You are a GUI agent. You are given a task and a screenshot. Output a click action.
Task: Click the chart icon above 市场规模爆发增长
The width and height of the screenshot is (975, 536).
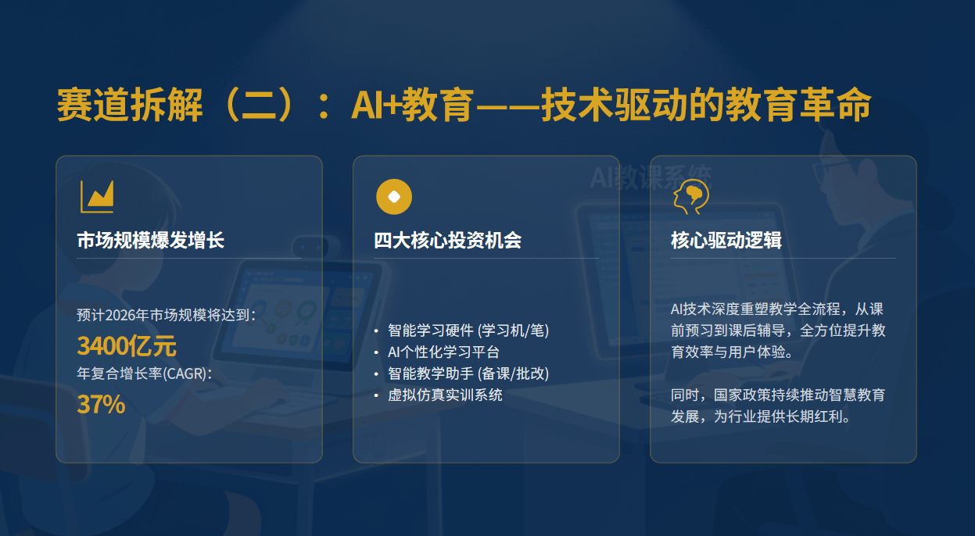(x=97, y=196)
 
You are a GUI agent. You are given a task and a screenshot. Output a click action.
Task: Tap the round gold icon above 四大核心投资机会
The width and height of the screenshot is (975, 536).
(x=394, y=196)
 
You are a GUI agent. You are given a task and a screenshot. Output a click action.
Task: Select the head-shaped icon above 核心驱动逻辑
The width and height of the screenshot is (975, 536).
(x=690, y=196)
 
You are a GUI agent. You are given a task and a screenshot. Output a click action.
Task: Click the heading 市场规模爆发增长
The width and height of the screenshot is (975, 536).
(x=151, y=240)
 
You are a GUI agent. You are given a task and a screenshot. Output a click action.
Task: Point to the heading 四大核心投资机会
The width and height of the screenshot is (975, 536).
(x=447, y=240)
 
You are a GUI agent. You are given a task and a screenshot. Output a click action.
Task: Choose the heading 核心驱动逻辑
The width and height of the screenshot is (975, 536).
(x=726, y=240)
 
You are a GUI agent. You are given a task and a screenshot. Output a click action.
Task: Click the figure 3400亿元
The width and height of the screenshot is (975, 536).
(x=127, y=345)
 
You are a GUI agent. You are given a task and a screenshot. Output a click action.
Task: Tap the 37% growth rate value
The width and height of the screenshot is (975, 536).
(x=101, y=404)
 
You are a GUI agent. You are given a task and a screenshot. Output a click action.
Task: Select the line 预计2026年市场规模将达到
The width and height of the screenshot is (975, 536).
(x=166, y=316)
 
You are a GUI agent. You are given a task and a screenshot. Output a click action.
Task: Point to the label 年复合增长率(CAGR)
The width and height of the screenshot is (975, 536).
(x=145, y=373)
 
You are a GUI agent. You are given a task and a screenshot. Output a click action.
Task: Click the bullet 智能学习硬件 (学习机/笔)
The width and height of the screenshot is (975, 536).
(x=468, y=331)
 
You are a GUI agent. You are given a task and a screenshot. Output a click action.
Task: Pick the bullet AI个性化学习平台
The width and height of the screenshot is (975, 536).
(x=443, y=352)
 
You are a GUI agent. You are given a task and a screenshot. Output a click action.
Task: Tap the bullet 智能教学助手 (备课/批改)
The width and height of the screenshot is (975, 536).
(x=468, y=373)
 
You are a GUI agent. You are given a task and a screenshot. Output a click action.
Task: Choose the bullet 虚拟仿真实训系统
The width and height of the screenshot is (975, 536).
(x=445, y=395)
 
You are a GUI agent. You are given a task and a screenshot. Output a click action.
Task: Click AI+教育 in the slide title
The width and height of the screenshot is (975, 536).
(x=412, y=105)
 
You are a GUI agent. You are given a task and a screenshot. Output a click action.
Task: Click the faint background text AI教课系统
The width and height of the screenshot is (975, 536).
(x=651, y=177)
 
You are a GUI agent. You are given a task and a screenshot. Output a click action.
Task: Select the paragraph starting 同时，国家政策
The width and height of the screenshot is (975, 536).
(x=777, y=406)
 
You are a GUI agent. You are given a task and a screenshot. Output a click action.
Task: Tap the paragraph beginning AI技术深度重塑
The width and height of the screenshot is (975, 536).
(x=777, y=331)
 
